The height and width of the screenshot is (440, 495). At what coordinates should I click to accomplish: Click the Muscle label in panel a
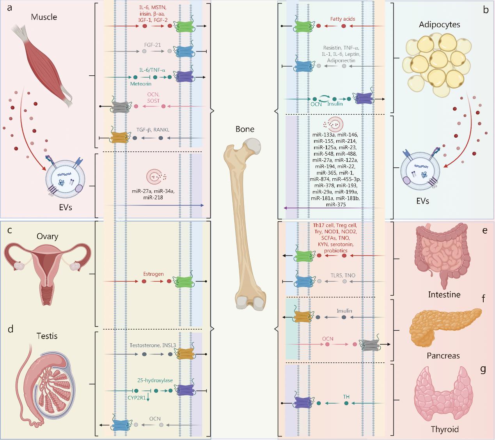[44, 17]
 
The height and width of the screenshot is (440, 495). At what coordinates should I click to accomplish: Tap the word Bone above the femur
[245, 129]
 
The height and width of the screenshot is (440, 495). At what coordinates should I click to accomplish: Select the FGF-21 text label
[153, 45]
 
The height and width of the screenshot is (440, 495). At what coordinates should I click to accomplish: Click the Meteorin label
[141, 84]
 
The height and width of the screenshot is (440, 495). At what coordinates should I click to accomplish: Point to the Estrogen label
[153, 274]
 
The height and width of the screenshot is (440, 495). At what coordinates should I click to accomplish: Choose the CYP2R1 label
[137, 398]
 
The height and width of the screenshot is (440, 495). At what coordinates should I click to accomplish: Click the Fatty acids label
[342, 19]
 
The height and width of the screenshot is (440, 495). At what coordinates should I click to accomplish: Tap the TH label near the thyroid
[346, 397]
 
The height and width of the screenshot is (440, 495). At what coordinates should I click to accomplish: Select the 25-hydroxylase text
[155, 380]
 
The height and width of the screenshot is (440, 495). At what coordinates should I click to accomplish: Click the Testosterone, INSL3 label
[153, 345]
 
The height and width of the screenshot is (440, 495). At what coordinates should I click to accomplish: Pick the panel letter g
[483, 370]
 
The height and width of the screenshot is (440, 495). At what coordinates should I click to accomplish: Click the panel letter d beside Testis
[11, 329]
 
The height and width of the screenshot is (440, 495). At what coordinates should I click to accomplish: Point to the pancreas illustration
[445, 326]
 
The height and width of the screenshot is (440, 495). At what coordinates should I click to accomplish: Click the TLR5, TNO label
[343, 275]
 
